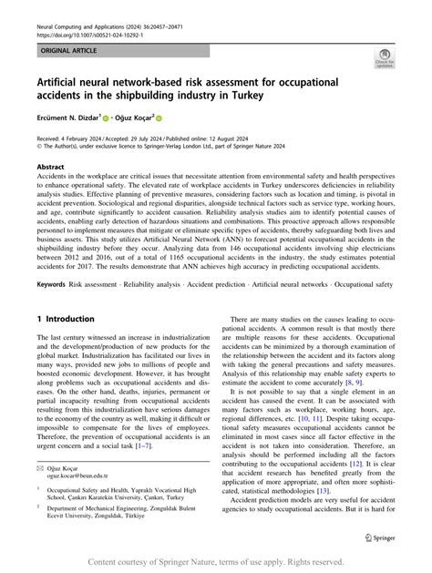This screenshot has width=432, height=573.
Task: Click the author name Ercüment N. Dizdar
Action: [x=68, y=118]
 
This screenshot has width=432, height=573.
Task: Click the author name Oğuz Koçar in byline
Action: [x=139, y=118]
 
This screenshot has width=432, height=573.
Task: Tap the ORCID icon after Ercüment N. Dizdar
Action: [x=107, y=119]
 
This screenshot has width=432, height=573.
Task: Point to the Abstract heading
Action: [x=51, y=168]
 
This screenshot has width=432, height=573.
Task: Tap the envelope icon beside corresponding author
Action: [x=39, y=466]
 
